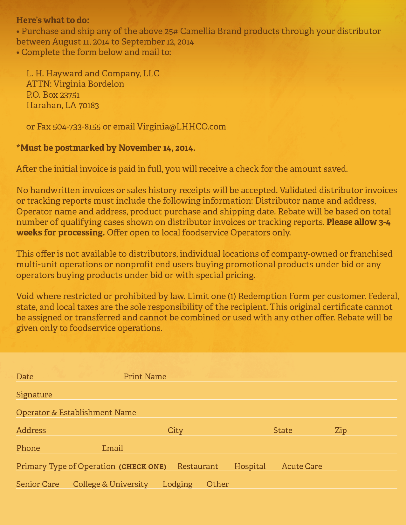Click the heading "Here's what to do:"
pos(53,20)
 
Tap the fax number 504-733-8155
pos(76,127)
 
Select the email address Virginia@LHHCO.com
pos(181,127)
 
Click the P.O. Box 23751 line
pos(53,95)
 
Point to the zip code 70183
pos(89,105)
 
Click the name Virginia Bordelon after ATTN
pos(89,84)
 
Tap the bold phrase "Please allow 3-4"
pos(358,222)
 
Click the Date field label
pos(25,377)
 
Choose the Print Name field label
pos(145,377)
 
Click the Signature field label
pos(34,395)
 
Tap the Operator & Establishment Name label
pos(76,413)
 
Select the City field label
pos(175,430)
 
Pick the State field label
pos(283,430)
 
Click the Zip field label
pos(341,430)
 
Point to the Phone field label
pos(28,448)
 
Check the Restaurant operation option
pos(197,466)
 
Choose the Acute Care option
pos(302,466)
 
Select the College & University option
pos(110,484)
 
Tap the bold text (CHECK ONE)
pos(142,467)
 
